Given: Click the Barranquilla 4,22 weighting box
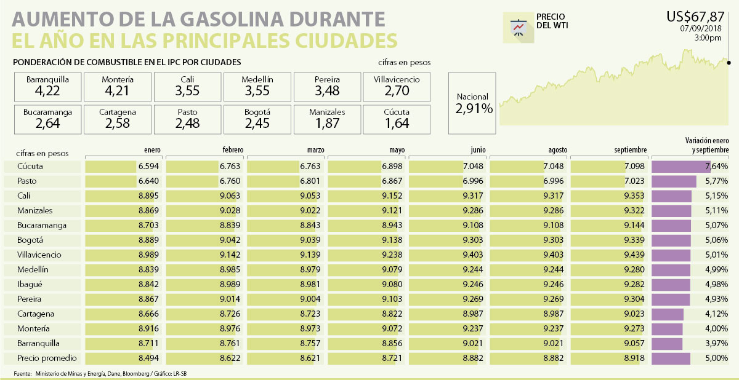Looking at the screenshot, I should [47, 87].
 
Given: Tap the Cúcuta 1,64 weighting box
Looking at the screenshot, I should [397, 119].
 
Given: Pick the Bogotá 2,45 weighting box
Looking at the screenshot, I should [257, 119].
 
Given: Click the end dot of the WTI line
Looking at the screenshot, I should [729, 62].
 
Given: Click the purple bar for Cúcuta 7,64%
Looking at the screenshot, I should [680, 167].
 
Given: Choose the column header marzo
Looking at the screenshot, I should [315, 150].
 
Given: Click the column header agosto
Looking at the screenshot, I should [557, 150].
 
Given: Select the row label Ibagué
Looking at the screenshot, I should [31, 285].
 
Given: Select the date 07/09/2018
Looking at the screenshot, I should [701, 28].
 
